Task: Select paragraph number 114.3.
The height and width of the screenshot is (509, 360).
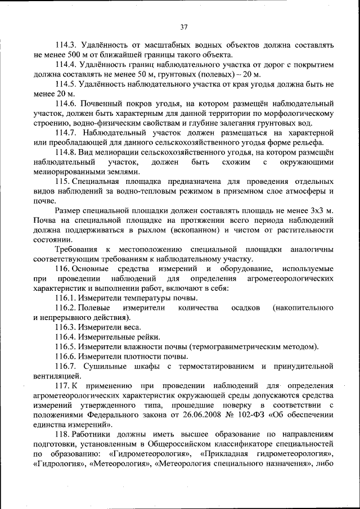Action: click(x=67, y=44)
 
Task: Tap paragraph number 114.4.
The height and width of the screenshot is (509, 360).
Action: click(x=67, y=65)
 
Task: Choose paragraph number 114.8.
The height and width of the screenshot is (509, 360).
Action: click(x=67, y=152)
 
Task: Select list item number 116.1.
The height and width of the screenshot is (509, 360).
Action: click(x=67, y=298)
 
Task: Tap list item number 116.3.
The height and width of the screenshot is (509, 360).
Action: click(x=67, y=327)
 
